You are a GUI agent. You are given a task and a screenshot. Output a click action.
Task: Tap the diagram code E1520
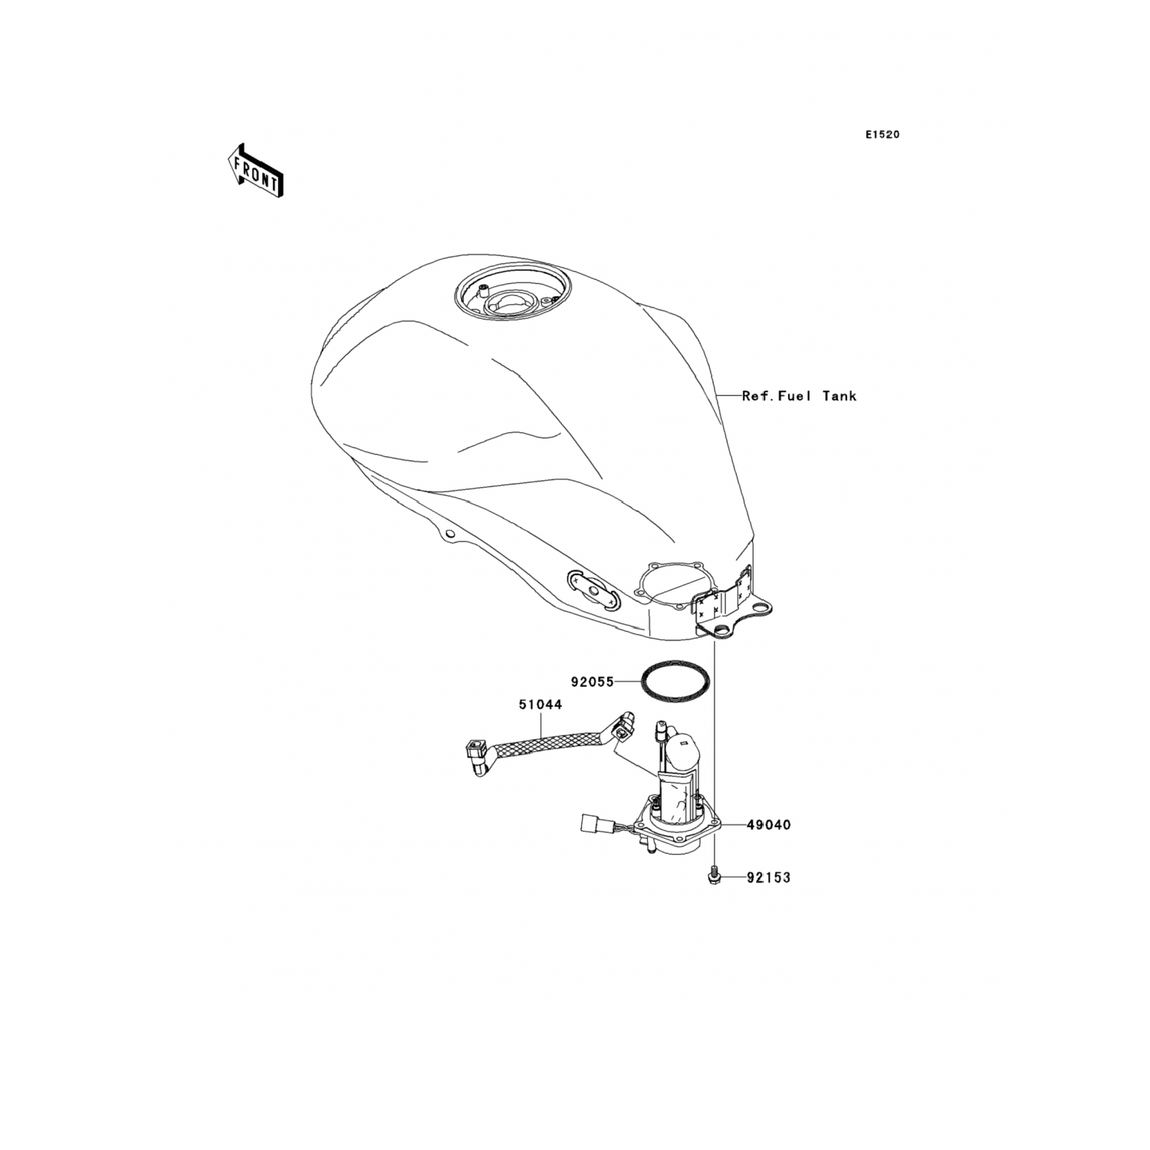(x=882, y=134)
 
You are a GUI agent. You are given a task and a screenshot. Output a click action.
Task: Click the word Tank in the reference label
(x=839, y=396)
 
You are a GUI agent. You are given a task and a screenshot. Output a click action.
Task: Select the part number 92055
(x=592, y=681)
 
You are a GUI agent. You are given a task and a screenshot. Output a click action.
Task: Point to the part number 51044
(x=540, y=705)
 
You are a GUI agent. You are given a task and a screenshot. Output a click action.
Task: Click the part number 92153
(x=769, y=878)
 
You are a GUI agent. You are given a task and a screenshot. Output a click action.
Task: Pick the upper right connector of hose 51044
(x=626, y=724)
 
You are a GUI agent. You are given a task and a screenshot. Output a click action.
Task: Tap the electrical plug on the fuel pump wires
(x=589, y=825)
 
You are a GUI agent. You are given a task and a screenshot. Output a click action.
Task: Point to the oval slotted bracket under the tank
(x=592, y=590)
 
